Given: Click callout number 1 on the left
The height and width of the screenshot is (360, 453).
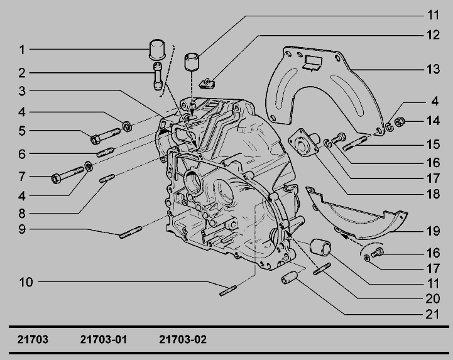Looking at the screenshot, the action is click(22, 50).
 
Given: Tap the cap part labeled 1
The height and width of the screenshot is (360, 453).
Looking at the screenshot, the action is click(157, 50).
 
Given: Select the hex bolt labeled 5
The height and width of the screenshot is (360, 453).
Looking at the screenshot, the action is click(106, 136).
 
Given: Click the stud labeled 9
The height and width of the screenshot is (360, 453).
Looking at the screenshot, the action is click(131, 232).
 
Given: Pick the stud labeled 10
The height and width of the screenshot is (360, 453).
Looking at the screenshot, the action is click(228, 291).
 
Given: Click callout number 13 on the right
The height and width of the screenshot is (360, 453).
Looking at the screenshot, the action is click(433, 69).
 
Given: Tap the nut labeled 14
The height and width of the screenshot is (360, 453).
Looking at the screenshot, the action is click(400, 123).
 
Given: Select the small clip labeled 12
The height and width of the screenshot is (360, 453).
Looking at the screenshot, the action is click(207, 84).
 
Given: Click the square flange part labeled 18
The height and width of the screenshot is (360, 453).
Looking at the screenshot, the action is click(303, 143).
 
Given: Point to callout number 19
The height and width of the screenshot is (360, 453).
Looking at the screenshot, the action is click(433, 231).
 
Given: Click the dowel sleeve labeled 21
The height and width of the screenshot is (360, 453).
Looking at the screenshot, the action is click(289, 277).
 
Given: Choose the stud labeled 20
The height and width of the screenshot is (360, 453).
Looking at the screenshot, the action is click(322, 269).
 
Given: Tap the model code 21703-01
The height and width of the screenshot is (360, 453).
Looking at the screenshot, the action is click(104, 339).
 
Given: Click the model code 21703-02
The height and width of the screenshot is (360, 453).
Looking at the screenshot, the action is click(183, 339).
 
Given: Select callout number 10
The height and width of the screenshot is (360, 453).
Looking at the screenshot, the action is click(26, 282).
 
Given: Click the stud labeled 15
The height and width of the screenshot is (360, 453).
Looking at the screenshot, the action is click(355, 144).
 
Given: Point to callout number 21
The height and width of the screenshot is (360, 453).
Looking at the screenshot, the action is click(432, 314).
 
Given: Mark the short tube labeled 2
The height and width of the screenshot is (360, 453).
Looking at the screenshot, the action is click(158, 76).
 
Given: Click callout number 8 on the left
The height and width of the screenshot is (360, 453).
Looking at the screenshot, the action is click(22, 214).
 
